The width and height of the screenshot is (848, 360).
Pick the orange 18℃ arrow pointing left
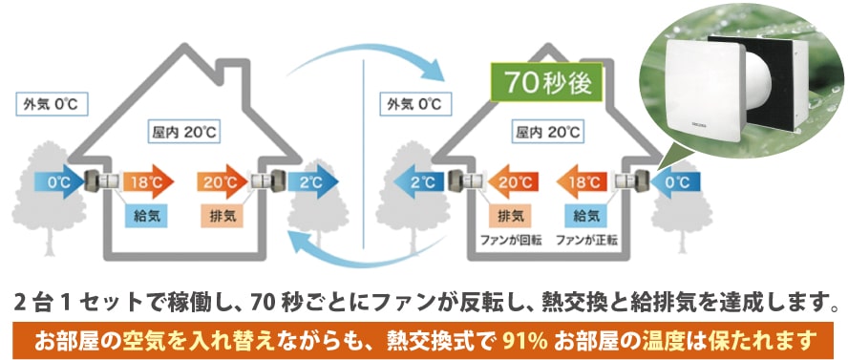pyautogui.click(x=581, y=180)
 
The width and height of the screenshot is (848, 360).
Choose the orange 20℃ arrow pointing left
pyautogui.click(x=510, y=180)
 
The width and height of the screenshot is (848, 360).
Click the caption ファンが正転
pyautogui.click(x=583, y=239)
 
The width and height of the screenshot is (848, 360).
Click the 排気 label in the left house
pyautogui.click(x=219, y=216)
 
